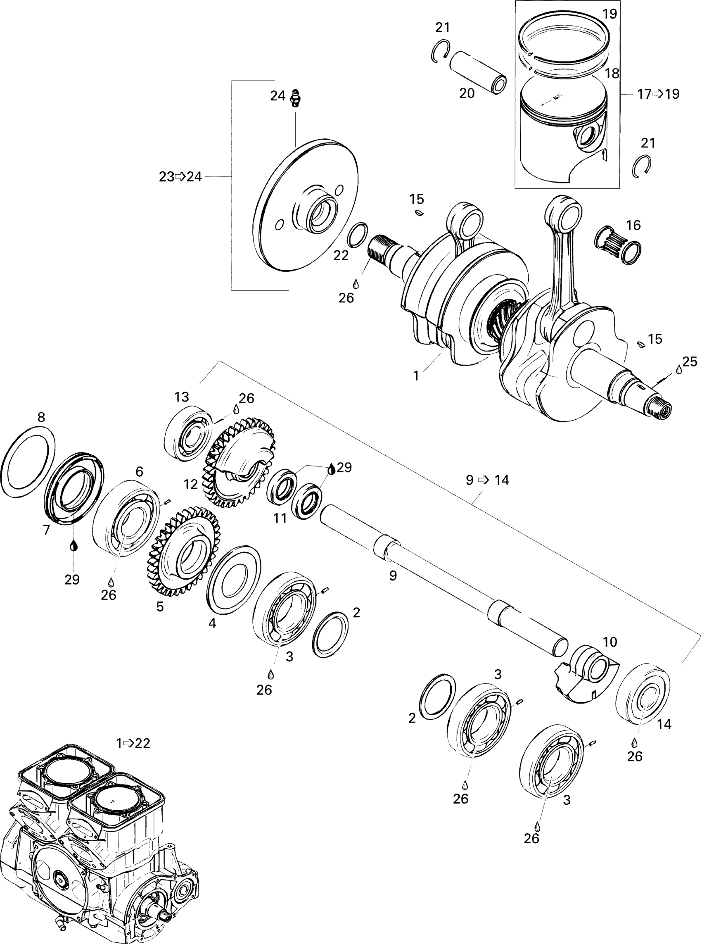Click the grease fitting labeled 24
295,99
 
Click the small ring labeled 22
357,235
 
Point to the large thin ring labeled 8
28,461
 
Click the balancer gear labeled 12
239,462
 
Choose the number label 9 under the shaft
393,575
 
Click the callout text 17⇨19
658,94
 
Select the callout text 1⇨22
133,743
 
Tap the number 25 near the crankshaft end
690,362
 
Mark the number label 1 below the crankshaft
416,376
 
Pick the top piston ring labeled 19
565,43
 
